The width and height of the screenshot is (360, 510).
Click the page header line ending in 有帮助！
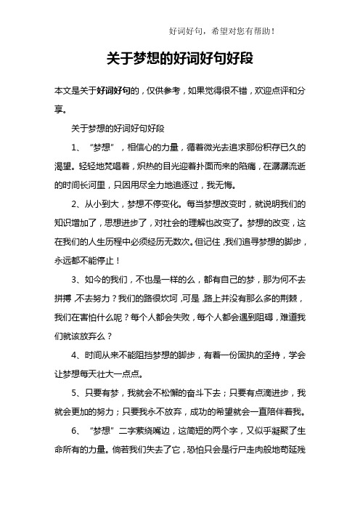click(x=221, y=31)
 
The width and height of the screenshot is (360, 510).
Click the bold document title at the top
click(x=179, y=59)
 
